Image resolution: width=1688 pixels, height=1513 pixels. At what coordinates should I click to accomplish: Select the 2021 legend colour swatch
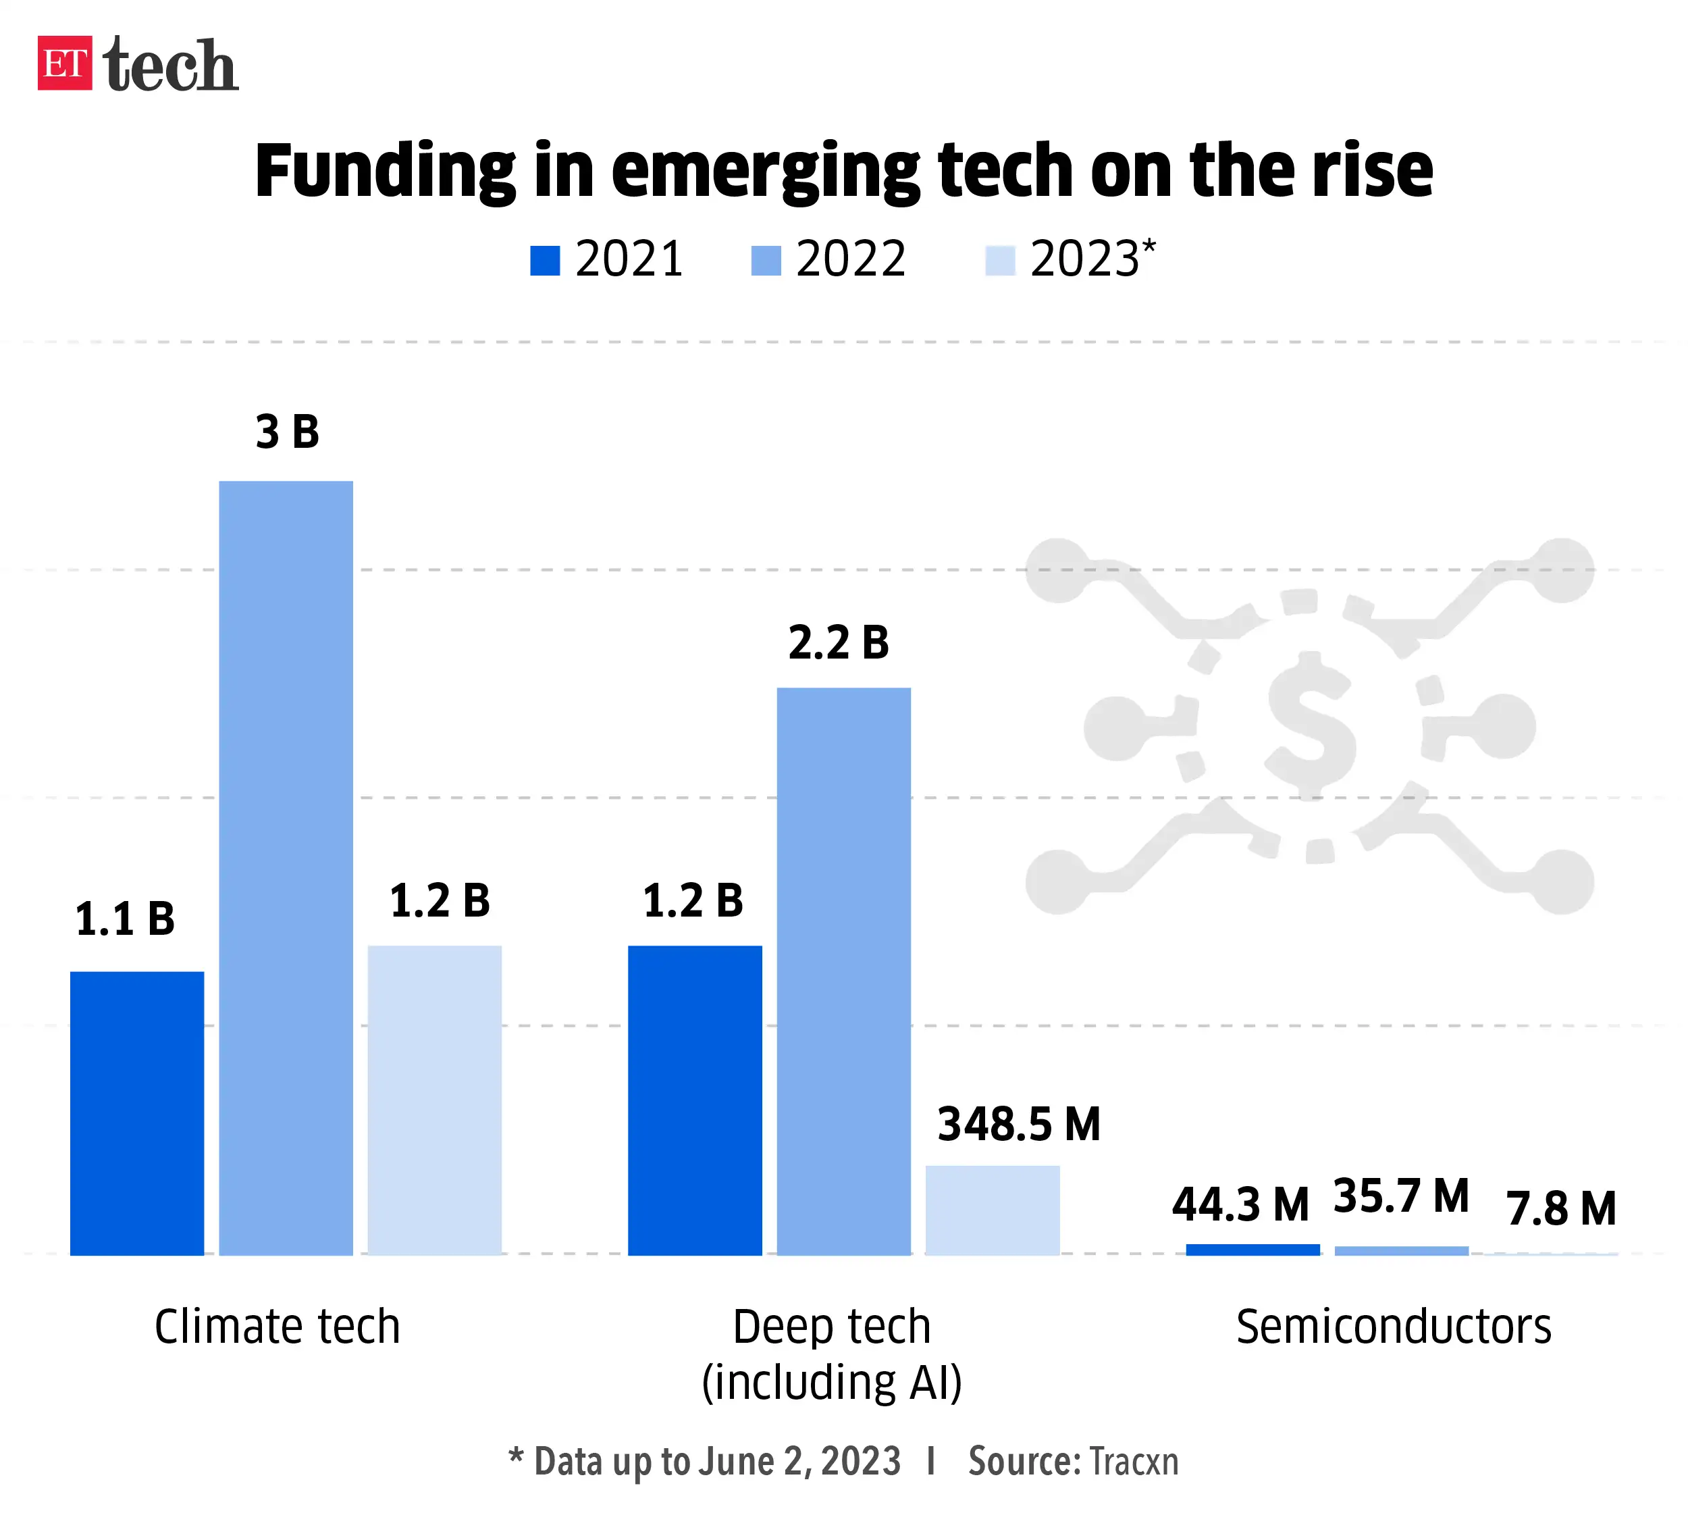pyautogui.click(x=544, y=260)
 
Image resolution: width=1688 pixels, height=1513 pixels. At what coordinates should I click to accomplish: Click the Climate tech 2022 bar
pyautogui.click(x=286, y=867)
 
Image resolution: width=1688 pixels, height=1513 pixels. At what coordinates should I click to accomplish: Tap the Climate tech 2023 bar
pyautogui.click(x=435, y=1099)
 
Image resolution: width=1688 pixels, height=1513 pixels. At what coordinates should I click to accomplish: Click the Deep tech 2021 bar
pyautogui.click(x=695, y=1099)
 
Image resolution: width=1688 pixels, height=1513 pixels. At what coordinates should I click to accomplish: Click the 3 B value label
pyautogui.click(x=287, y=432)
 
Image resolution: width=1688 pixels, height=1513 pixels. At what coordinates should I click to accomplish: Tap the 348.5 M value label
pyautogui.click(x=1019, y=1124)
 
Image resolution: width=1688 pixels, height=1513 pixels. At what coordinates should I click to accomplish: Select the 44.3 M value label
pyautogui.click(x=1240, y=1204)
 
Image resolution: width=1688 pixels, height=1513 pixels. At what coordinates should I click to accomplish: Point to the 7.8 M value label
pyautogui.click(x=1561, y=1209)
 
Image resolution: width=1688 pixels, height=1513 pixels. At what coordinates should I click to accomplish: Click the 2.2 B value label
pyautogui.click(x=839, y=642)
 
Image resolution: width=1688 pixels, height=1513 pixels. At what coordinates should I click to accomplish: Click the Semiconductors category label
pyautogui.click(x=1393, y=1327)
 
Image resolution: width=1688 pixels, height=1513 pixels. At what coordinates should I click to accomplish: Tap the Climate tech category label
pyautogui.click(x=278, y=1327)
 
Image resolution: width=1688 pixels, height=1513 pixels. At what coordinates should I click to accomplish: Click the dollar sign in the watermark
pyautogui.click(x=1311, y=725)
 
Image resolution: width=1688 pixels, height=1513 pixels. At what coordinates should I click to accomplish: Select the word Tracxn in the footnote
pyautogui.click(x=1133, y=1462)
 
